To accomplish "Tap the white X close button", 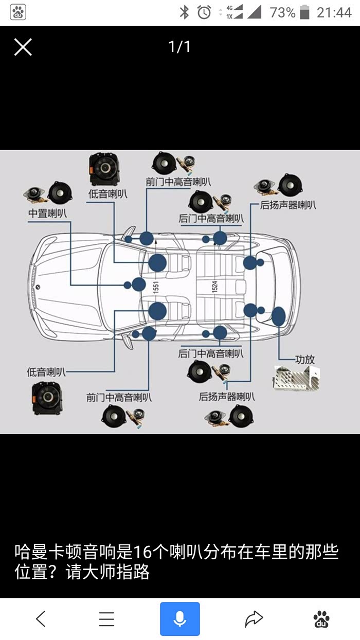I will click(23, 47).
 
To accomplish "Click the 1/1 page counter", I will click(179, 47).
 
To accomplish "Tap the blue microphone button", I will click(179, 619).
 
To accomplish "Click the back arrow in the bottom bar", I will click(41, 619).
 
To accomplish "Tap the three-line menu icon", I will click(106, 619).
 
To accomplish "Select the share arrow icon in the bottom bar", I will click(254, 619).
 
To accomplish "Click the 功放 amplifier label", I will click(304, 359).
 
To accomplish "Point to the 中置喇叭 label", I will click(47, 213).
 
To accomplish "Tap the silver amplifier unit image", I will click(296, 377).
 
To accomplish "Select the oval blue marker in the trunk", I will click(278, 316).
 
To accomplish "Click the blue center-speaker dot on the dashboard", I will click(138, 284).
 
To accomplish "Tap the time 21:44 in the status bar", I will click(334, 12).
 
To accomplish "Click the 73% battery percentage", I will click(282, 12).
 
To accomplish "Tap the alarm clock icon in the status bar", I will click(204, 12).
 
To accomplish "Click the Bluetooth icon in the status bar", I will click(184, 12).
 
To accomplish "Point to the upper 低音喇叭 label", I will click(108, 194).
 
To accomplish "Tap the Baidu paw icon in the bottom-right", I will click(321, 619).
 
